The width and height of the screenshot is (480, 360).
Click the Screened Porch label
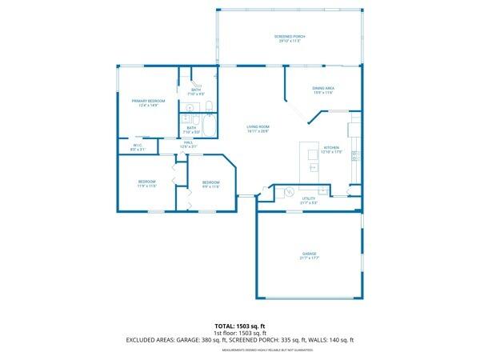(x=290, y=37)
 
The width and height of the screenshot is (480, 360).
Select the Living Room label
(x=258, y=127)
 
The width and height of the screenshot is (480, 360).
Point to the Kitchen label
(x=332, y=148)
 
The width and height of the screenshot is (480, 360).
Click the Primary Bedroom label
(x=148, y=101)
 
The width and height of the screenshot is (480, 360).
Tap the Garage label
(x=309, y=254)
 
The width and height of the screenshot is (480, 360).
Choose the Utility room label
(x=309, y=198)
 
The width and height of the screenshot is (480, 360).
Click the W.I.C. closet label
(x=138, y=146)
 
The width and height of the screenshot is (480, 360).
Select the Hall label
(x=188, y=142)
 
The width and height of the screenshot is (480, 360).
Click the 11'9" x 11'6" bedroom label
(x=146, y=182)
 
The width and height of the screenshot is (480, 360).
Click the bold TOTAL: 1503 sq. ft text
(x=240, y=326)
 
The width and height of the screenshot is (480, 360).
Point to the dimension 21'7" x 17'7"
(x=309, y=258)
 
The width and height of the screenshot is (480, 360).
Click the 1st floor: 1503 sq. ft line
(x=240, y=333)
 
